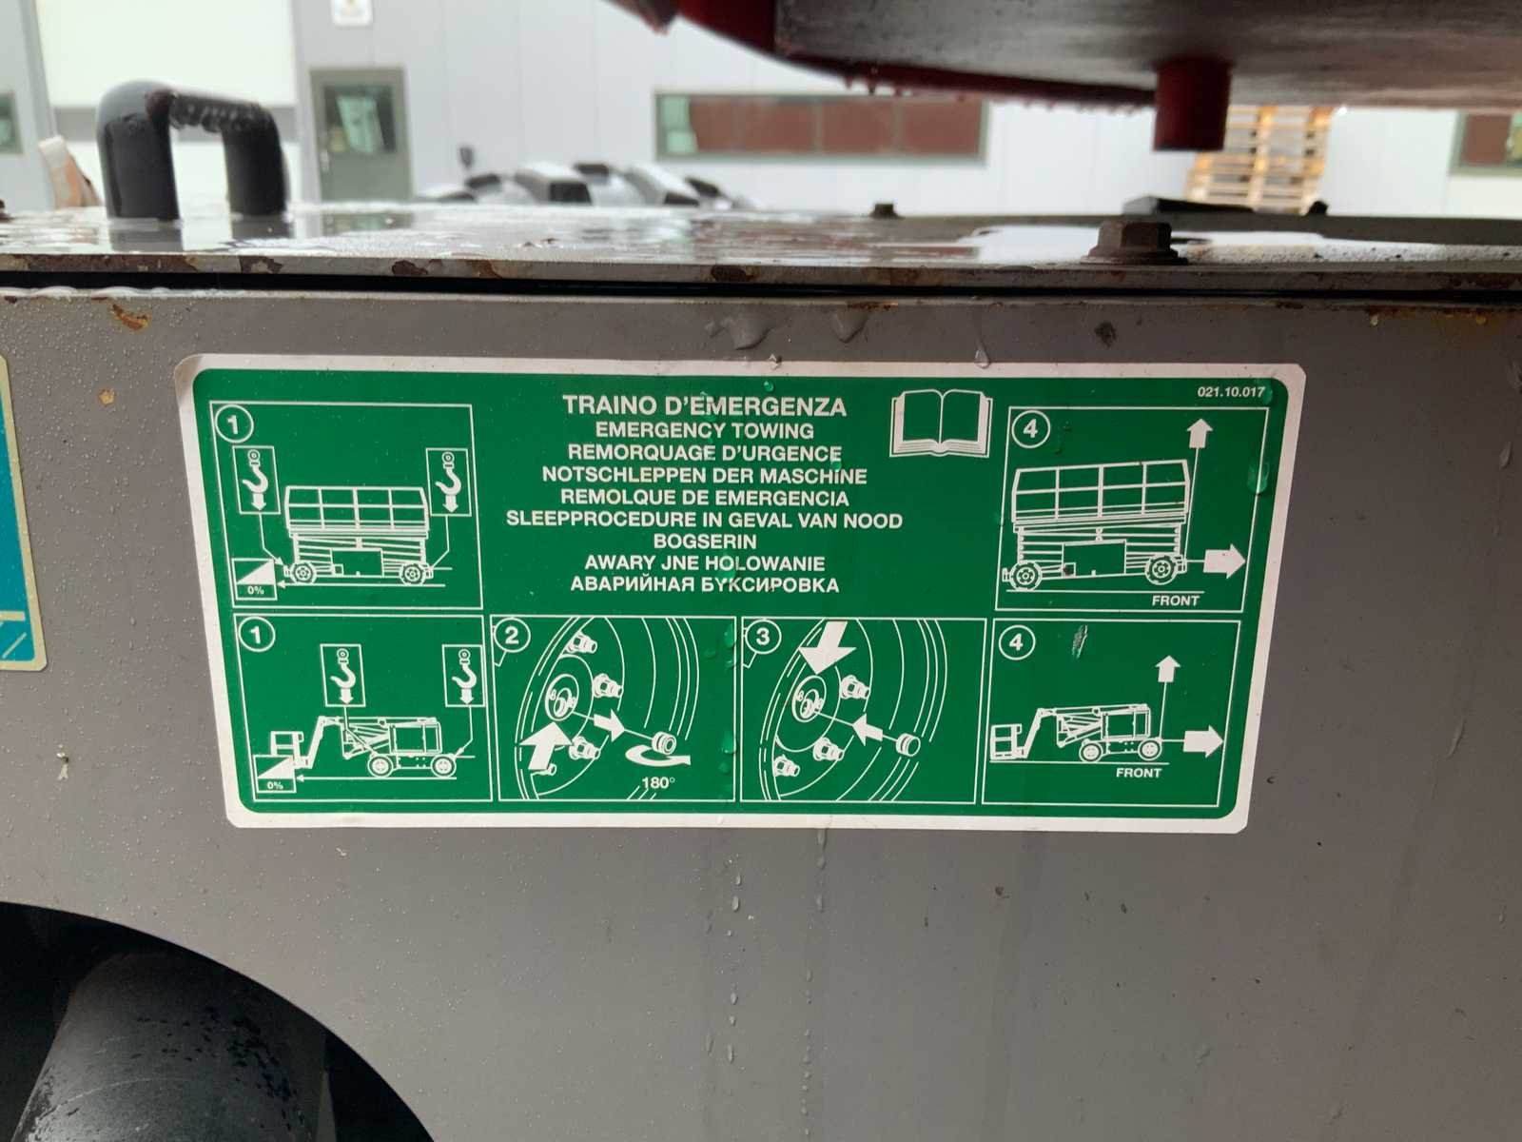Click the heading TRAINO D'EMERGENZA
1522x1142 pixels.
(704, 405)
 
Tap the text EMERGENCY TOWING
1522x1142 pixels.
(705, 430)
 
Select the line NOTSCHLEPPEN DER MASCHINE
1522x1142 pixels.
(705, 476)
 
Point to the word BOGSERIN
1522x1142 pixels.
(705, 541)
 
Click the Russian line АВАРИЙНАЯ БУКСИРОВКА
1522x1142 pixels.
(705, 585)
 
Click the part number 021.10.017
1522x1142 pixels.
(1231, 392)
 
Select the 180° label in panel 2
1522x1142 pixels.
(658, 783)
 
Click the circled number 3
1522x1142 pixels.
(763, 637)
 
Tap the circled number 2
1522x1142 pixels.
(512, 635)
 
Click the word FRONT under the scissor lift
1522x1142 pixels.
(1176, 601)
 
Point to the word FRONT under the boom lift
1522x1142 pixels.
(1138, 773)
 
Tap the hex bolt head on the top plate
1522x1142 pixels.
(1135, 241)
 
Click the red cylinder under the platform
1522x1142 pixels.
(1191, 104)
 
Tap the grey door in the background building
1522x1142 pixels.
(359, 135)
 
